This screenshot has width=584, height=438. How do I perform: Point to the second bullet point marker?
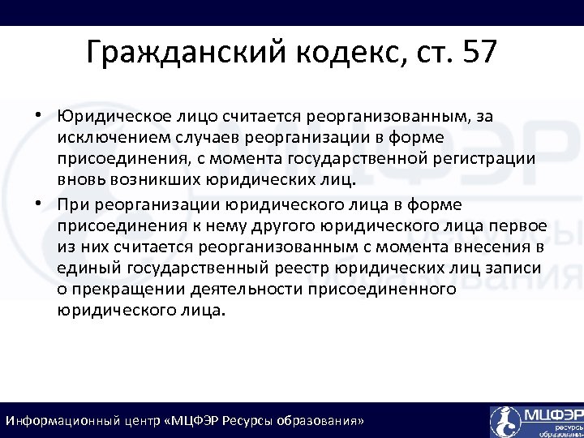tap(39, 204)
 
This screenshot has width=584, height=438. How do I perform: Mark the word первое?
tap(519, 225)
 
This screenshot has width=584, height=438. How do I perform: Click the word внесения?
tap(486, 247)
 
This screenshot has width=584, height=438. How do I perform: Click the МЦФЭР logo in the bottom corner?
tap(535, 421)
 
